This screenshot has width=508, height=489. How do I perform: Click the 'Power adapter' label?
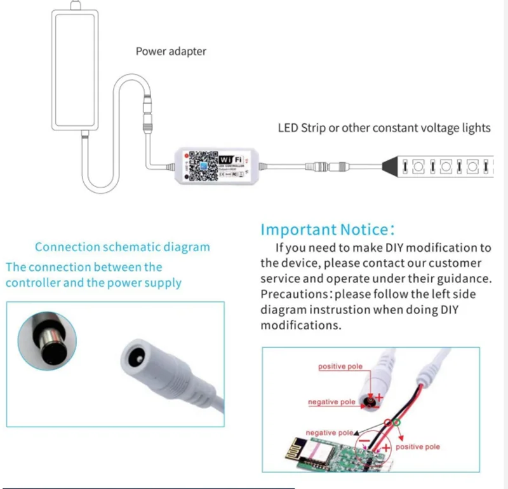coord(171,51)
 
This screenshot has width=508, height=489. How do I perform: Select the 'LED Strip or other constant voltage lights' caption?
coord(384,128)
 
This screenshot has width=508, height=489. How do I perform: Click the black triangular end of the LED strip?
coord(391,167)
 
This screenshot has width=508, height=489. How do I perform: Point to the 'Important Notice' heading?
coord(328,230)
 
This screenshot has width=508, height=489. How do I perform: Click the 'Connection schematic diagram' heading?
coord(122,247)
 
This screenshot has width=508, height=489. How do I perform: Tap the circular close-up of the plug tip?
coord(47,341)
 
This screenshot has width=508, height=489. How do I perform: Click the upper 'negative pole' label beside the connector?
coord(331,402)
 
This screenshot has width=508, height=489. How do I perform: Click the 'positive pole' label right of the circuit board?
coord(418,447)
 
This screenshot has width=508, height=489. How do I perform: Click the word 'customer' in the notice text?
coord(453,263)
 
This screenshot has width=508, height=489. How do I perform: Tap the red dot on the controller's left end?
coord(185,155)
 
